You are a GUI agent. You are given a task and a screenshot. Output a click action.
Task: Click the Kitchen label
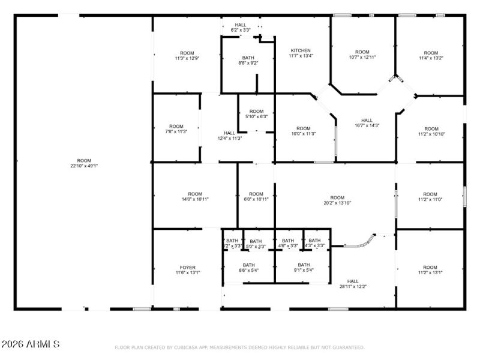point(301,53)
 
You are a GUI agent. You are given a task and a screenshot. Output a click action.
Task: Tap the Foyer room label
point(188,270)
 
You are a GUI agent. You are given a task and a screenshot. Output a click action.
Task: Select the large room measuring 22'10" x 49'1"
point(83,163)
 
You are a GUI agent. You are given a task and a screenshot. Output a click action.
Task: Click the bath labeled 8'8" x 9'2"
point(248,60)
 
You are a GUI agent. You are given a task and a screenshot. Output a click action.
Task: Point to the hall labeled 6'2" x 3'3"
point(241,27)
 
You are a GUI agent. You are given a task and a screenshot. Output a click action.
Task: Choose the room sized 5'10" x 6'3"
point(256,113)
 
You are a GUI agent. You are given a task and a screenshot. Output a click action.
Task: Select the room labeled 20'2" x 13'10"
point(337,200)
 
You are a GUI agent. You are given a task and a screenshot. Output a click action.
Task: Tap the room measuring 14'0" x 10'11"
point(195,196)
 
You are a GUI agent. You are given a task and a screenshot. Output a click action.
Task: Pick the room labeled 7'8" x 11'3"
point(176,129)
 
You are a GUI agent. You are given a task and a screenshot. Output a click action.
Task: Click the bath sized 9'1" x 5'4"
point(304,268)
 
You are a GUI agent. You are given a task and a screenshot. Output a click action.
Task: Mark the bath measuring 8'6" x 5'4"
point(248,268)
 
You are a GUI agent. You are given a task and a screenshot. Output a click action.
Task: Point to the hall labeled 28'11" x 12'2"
point(353,284)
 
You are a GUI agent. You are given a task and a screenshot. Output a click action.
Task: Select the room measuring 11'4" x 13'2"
point(430,55)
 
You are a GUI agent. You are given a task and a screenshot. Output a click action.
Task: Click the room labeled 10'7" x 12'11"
point(362,55)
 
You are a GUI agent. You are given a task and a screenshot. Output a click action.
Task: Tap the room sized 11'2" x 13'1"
point(430,270)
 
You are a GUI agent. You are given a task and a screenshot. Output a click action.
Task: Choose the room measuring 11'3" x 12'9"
point(187,55)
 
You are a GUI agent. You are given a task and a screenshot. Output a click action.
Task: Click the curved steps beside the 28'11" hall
point(361,242)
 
